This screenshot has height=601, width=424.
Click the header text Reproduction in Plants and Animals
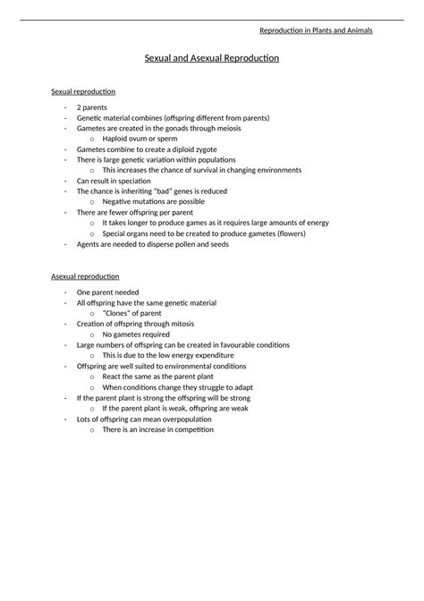tap(316, 31)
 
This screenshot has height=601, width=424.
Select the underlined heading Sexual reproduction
tap(83, 91)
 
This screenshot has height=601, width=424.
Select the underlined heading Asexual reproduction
tap(86, 276)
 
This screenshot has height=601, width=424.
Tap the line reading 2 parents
tap(92, 107)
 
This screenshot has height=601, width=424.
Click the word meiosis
tap(224, 128)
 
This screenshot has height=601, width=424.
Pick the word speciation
tap(129, 180)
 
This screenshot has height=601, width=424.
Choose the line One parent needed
tap(107, 292)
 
